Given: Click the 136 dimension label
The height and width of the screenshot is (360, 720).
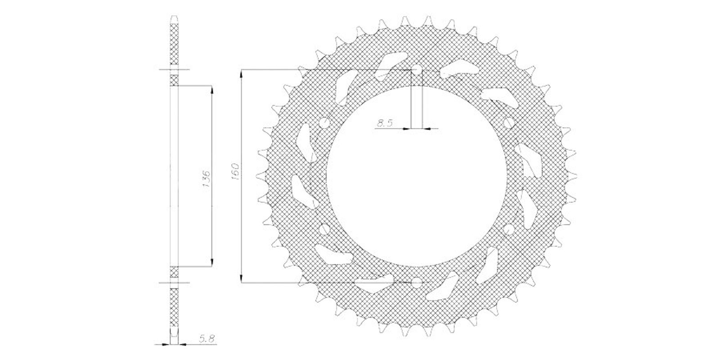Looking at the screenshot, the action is (206, 180).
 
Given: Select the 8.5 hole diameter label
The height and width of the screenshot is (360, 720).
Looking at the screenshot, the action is (385, 123).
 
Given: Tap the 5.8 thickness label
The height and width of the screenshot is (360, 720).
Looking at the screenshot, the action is (207, 338).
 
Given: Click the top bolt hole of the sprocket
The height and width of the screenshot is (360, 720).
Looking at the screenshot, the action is (417, 70).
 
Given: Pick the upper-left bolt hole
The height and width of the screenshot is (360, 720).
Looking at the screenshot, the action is (324, 123).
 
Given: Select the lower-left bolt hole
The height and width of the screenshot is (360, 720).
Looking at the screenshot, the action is (324, 229).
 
